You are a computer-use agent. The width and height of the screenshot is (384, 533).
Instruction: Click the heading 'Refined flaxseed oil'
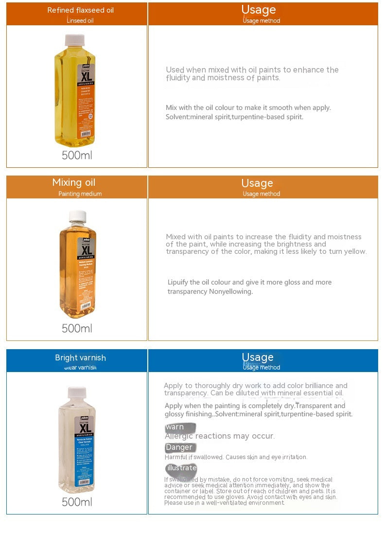(81, 10)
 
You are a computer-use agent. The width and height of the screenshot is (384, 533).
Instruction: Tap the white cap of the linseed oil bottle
(75, 39)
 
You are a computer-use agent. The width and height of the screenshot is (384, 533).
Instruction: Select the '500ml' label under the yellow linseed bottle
(77, 156)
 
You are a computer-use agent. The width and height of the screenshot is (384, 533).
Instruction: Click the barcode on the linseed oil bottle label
(86, 133)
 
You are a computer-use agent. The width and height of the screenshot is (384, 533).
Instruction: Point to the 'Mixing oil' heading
(74, 183)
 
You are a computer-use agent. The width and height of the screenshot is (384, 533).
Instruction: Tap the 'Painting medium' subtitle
(80, 194)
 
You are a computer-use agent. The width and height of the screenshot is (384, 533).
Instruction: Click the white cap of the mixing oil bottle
(78, 215)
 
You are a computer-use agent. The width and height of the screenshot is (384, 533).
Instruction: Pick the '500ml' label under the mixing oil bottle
(77, 328)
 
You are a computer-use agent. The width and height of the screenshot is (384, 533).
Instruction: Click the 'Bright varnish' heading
(80, 358)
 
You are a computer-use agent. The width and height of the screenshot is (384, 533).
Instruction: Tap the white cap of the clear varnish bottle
(77, 391)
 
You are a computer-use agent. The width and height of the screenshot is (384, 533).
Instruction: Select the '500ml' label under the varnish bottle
(77, 501)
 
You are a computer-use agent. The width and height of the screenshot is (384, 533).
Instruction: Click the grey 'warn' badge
(179, 427)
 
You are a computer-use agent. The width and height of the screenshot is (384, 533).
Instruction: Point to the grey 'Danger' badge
(179, 447)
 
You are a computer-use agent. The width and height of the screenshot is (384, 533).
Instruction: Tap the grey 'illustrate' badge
(181, 468)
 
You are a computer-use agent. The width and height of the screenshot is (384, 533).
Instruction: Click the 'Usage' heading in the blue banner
(258, 357)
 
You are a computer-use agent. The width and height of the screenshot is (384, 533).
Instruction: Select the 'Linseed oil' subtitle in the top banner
(80, 21)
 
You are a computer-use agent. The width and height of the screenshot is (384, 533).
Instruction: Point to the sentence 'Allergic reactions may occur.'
(220, 436)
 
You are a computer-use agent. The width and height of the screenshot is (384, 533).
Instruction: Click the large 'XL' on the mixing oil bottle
(86, 251)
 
